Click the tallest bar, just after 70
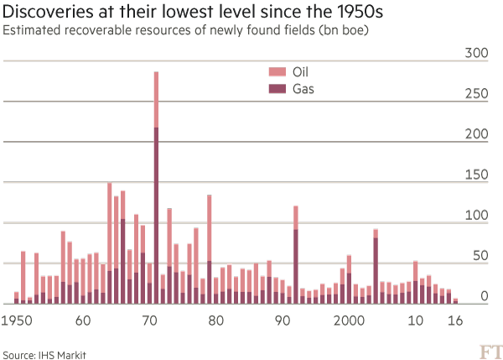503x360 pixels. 156,185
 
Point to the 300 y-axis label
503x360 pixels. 475,54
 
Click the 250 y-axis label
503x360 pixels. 475,94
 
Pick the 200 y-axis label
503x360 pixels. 475,134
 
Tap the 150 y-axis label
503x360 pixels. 475,175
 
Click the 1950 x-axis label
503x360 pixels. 16,320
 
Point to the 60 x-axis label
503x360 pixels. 82,320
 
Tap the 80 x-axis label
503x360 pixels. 215,320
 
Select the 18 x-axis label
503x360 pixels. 455,320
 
